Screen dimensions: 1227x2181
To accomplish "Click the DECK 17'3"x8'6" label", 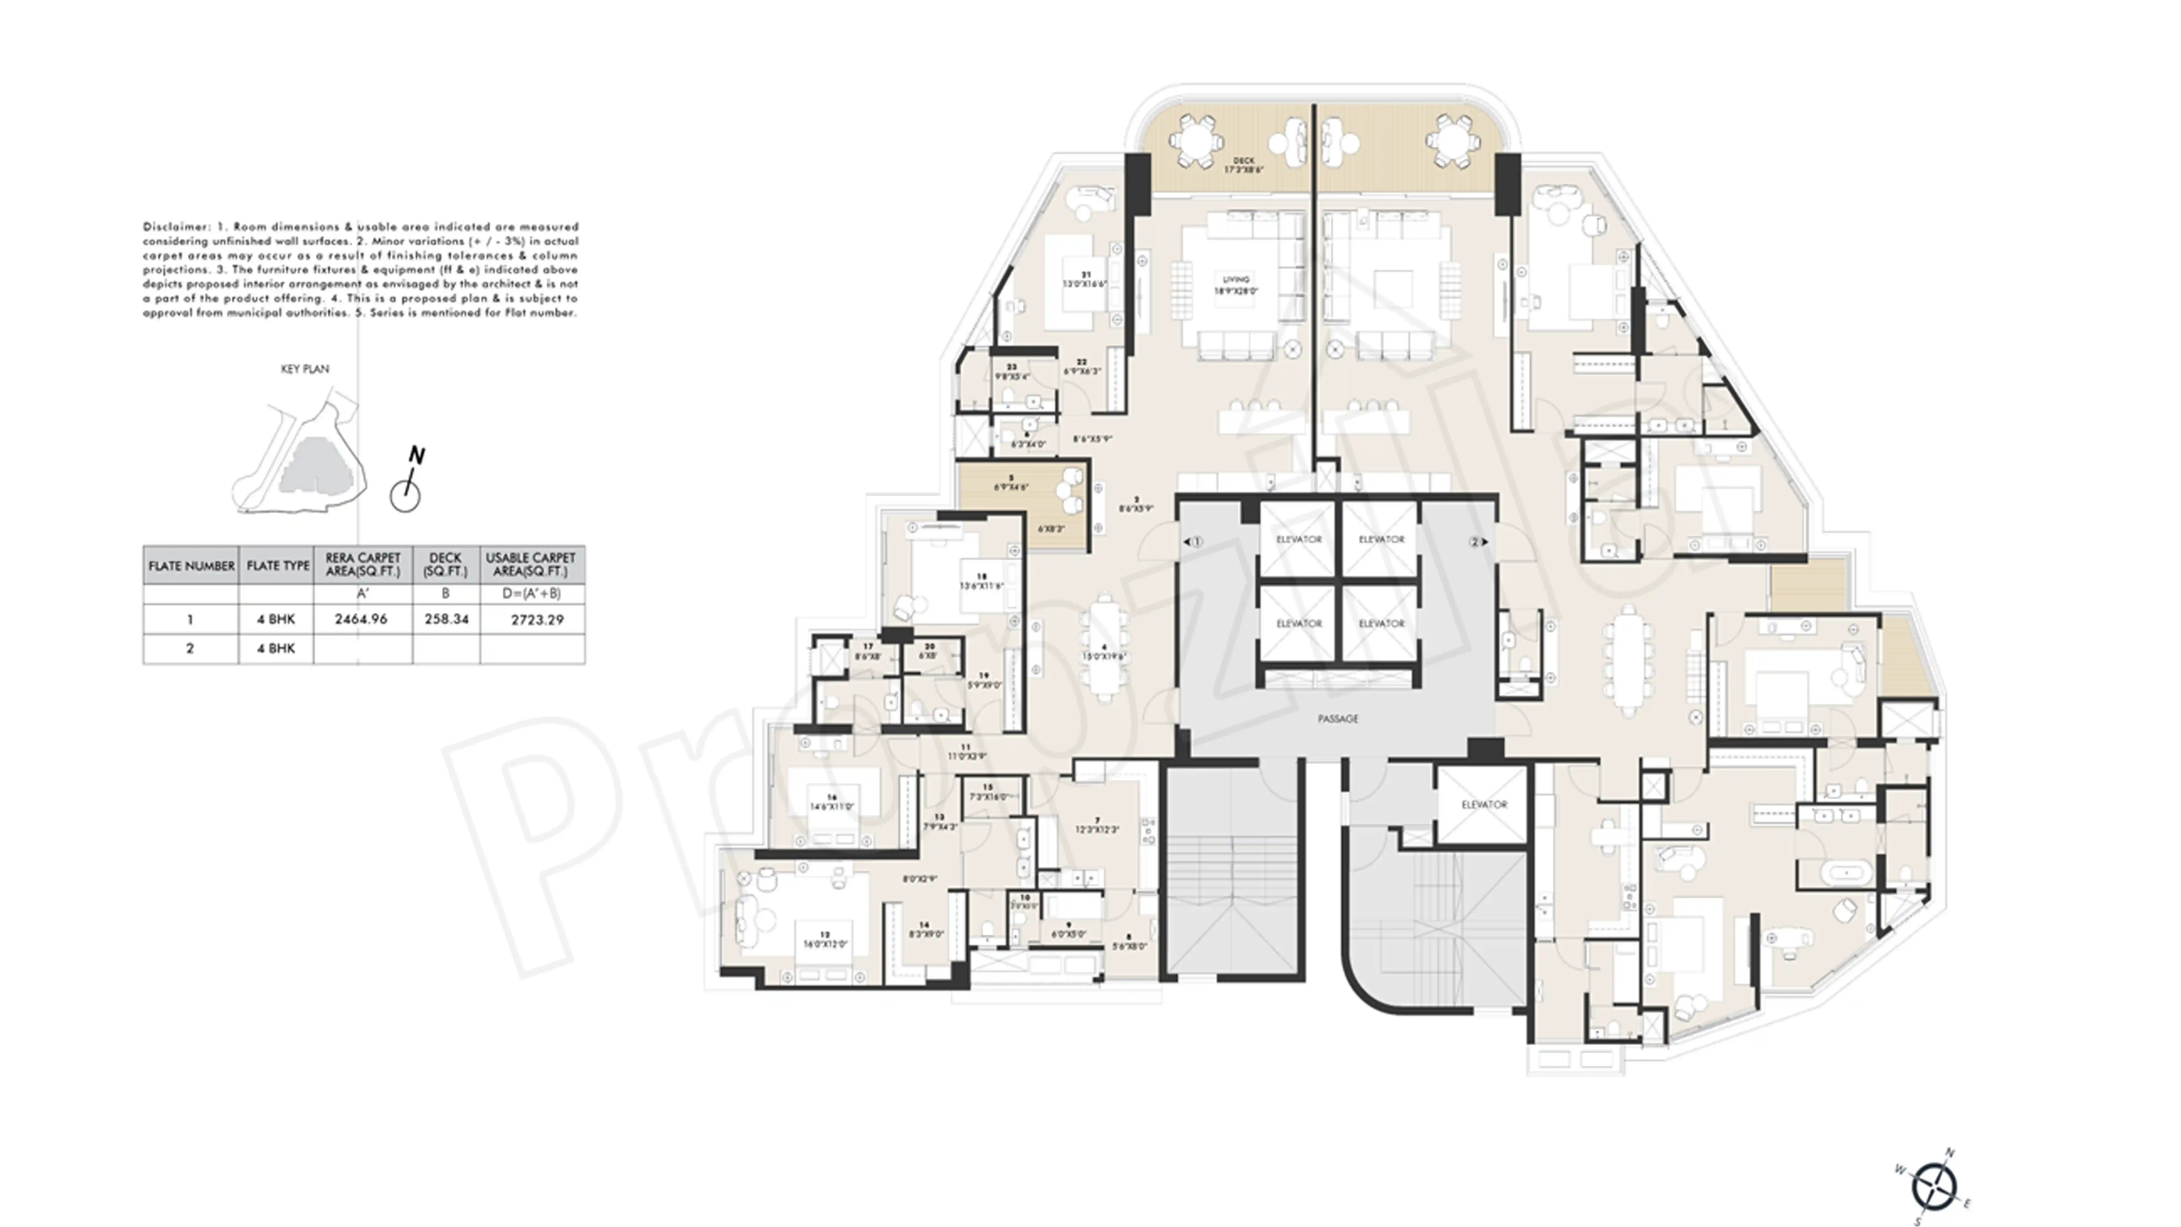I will pos(1243,165).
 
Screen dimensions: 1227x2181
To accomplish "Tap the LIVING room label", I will pos(1236,284).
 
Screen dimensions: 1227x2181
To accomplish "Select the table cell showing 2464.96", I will pos(362,619).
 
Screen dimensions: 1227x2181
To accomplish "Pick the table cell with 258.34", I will pos(446,619).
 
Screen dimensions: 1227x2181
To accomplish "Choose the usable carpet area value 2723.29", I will pos(537,620).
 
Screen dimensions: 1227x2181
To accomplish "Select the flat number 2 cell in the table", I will pos(190,649).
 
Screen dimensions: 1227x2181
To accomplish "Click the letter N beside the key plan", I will pos(416,456).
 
